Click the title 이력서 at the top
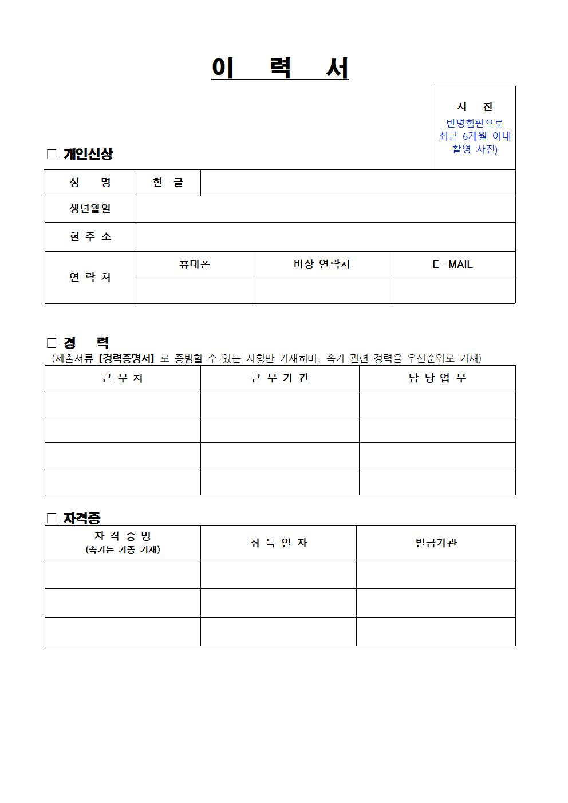280,69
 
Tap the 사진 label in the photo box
475,106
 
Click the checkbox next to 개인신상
52,154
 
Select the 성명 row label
90,183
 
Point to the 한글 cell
168,183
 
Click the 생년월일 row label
90,209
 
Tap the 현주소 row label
90,236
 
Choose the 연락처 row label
90,277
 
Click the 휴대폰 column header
195,264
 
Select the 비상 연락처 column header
321,264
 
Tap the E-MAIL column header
452,264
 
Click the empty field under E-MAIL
452,291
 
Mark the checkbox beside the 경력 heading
52,343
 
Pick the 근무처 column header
123,378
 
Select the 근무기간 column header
279,378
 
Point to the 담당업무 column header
437,378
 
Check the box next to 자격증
52,518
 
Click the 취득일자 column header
278,543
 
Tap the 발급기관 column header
436,543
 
